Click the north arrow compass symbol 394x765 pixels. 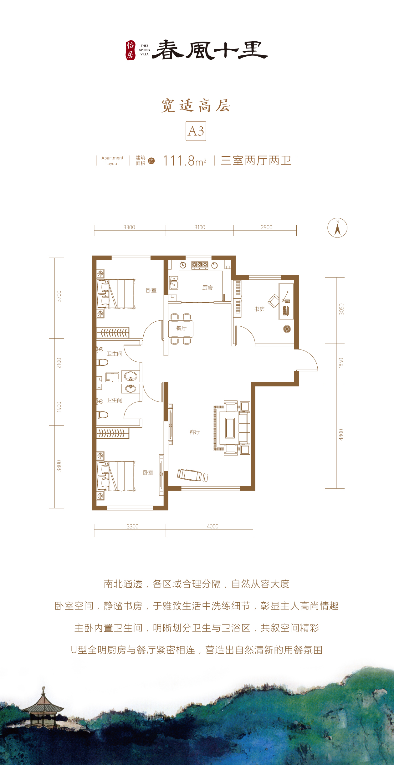click(337, 228)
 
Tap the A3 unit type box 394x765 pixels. click(196, 131)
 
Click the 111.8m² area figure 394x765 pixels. click(185, 161)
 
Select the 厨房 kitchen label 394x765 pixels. click(207, 288)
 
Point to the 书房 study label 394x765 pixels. click(259, 309)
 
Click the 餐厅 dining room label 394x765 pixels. click(181, 328)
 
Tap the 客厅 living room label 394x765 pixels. click(195, 432)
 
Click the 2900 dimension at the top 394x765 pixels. click(267, 227)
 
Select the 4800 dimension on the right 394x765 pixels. click(341, 435)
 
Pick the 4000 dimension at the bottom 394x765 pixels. click(212, 526)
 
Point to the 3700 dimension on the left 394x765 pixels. click(59, 296)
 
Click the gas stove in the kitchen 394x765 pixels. click(200, 265)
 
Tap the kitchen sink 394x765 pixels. click(173, 283)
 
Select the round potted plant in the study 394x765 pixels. click(287, 329)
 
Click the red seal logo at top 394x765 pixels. click(130, 50)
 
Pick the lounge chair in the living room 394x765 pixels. click(192, 475)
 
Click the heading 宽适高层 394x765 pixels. click(196, 106)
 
